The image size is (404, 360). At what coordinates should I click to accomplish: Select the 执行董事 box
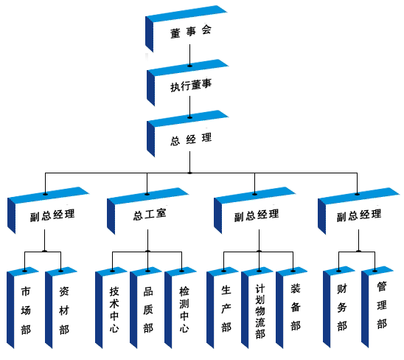(190, 86)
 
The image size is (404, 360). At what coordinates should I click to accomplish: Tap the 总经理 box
(190, 137)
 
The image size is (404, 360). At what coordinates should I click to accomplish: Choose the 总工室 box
(149, 215)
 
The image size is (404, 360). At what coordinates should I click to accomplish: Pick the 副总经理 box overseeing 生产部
(256, 215)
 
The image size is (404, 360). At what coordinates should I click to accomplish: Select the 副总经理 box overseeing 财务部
(358, 215)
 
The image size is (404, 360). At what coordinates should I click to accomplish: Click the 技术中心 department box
(114, 310)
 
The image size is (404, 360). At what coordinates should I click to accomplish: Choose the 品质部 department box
(148, 310)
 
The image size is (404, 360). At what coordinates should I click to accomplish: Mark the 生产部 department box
(226, 310)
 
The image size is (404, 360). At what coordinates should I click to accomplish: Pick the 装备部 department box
(295, 310)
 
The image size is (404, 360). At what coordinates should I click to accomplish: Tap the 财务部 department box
(342, 310)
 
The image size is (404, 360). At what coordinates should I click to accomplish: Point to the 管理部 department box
(380, 310)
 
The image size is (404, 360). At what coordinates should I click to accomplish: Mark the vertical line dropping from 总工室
(149, 240)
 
